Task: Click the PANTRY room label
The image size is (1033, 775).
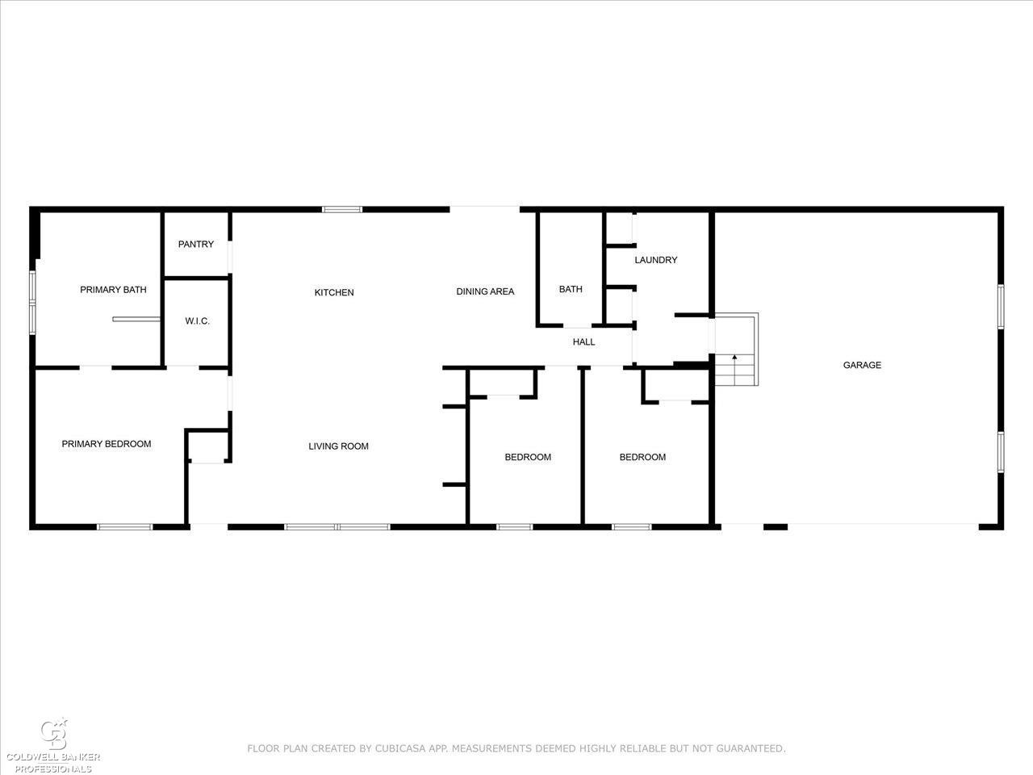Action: tap(196, 245)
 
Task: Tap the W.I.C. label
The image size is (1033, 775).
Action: tap(197, 321)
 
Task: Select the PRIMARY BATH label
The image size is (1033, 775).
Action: tap(113, 290)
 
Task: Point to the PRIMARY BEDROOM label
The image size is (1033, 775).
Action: tap(107, 444)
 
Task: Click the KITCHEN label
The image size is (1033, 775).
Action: tap(334, 293)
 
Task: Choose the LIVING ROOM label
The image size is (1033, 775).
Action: tap(338, 446)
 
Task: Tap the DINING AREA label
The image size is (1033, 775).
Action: tap(485, 291)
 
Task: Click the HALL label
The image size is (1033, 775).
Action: tap(583, 342)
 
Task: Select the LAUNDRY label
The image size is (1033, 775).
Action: tap(655, 260)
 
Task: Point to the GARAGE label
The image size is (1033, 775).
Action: tap(862, 365)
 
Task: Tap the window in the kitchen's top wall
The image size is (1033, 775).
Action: tap(342, 209)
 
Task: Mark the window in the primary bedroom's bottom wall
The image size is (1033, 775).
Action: tap(125, 527)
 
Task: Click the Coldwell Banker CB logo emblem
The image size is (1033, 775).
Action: tap(54, 735)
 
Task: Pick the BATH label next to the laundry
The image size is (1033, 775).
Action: tap(571, 289)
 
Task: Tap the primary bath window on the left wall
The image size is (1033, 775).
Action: tap(32, 303)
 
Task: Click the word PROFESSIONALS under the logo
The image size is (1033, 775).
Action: tap(53, 769)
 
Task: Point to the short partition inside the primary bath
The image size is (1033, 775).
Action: tap(136, 320)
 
